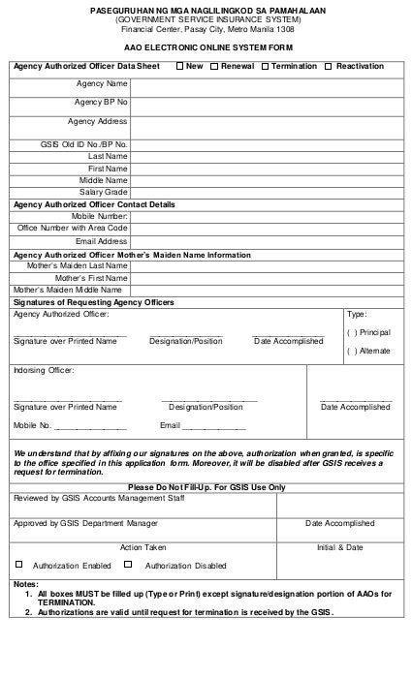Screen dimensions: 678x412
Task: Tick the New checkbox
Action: (179, 66)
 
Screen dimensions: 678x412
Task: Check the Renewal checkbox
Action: (214, 66)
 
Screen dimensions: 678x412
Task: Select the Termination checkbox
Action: (264, 66)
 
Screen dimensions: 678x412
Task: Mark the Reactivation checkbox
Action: (329, 66)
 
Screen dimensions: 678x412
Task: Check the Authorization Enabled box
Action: (18, 564)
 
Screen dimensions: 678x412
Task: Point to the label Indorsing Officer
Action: (43, 370)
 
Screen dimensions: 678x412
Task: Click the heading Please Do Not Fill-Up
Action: (206, 487)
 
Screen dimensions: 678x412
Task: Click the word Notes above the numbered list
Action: (25, 584)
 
